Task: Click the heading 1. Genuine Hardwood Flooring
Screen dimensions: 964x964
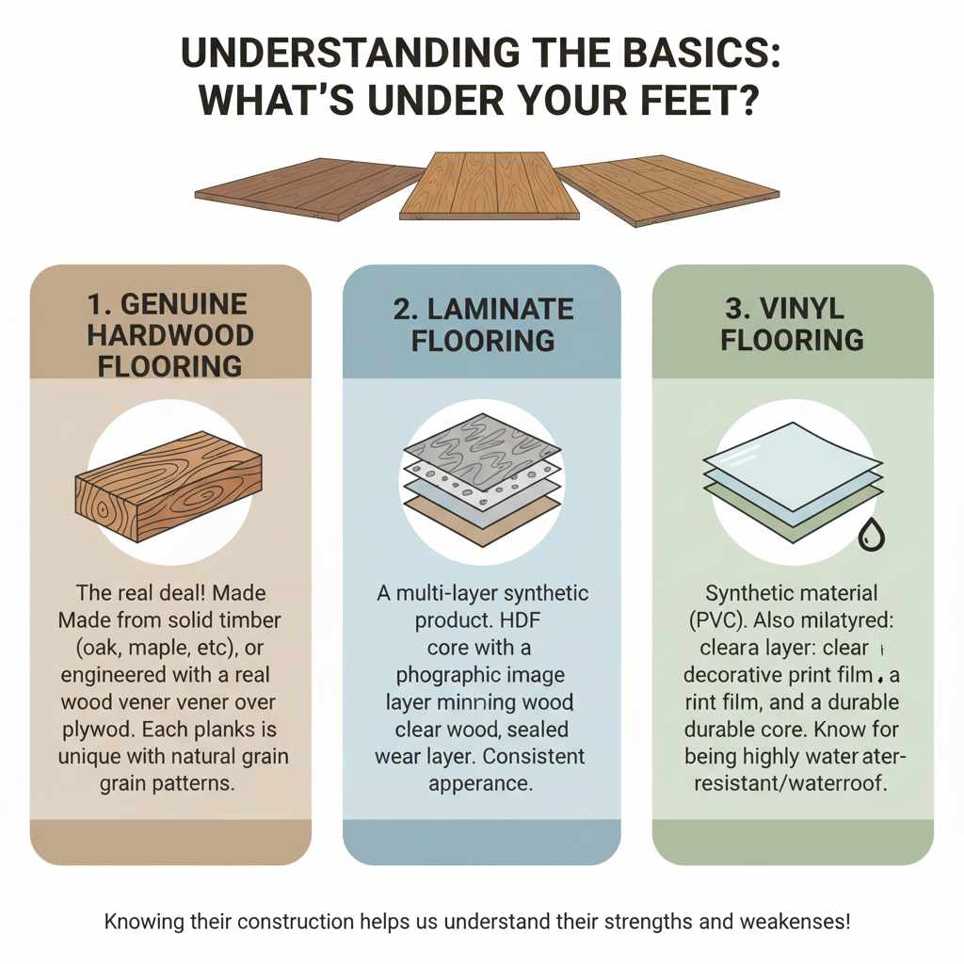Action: (170, 334)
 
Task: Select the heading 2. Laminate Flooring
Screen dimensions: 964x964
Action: (482, 324)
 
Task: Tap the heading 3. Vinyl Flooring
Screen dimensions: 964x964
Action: (792, 324)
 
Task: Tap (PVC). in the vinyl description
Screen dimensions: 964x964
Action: (734, 621)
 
